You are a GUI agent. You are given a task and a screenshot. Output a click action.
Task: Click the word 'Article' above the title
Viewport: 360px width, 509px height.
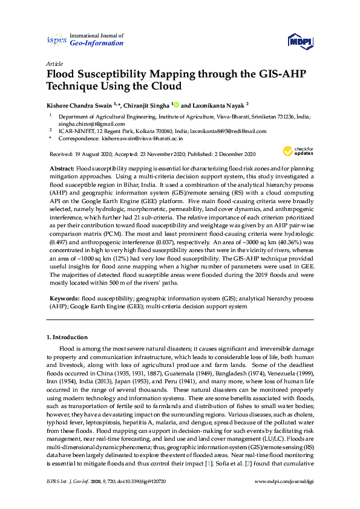(54, 63)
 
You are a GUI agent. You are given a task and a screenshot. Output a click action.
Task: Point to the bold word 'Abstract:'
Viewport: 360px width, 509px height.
(61, 166)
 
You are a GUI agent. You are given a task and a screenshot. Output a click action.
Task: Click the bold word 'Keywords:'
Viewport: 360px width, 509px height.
(64, 299)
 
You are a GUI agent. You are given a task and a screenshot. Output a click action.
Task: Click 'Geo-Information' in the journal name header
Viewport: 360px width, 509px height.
(97, 44)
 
